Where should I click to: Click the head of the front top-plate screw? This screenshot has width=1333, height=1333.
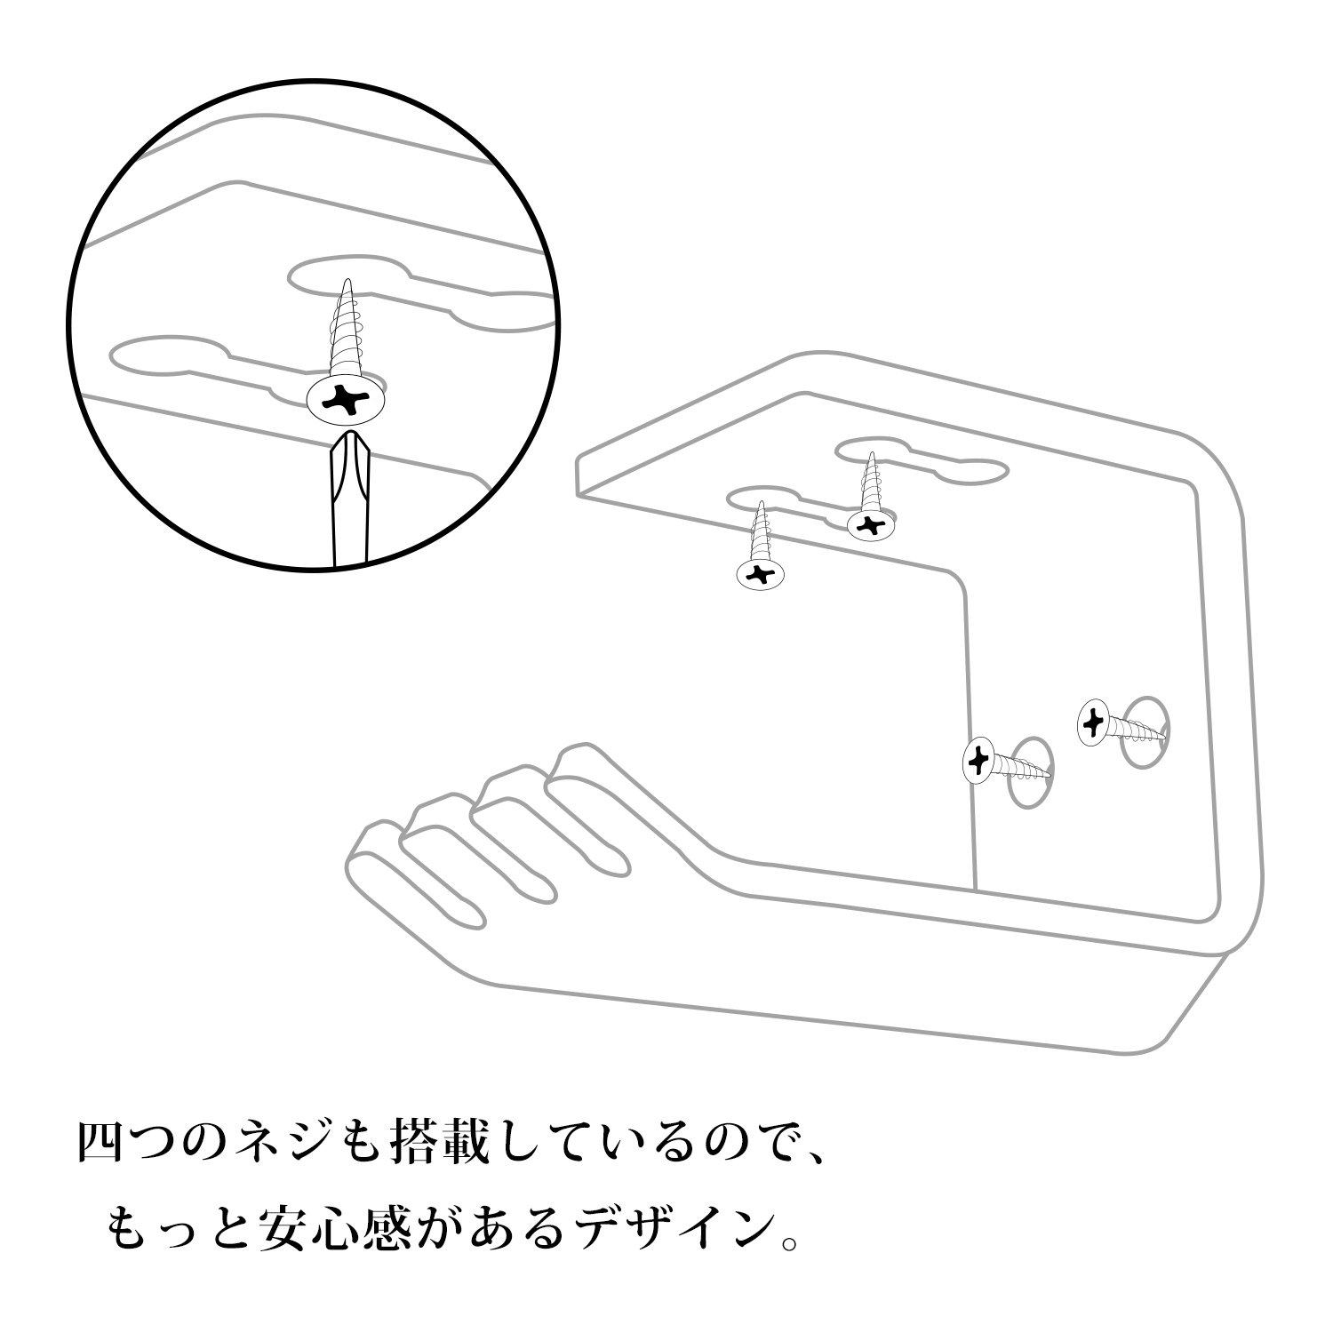(x=761, y=574)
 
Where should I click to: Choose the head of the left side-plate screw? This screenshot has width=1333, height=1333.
(x=978, y=760)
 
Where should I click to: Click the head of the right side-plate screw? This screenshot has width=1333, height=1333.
(x=1092, y=723)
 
